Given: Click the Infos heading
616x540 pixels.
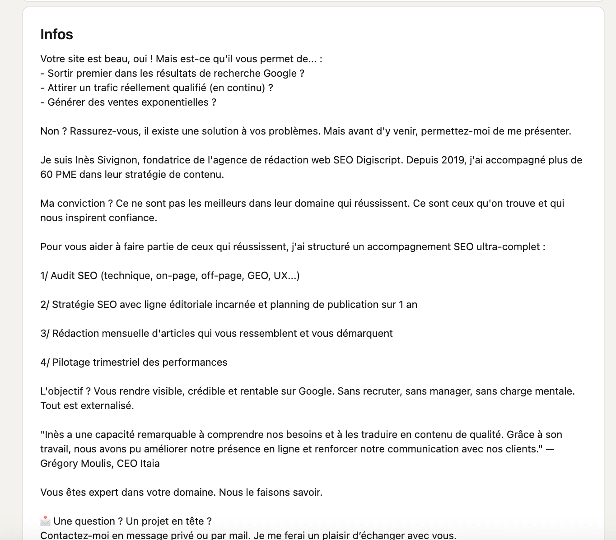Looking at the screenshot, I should click(56, 34).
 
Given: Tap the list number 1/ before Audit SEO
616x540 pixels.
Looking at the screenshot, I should click(44, 276).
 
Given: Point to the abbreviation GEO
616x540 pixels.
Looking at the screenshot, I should click(258, 276).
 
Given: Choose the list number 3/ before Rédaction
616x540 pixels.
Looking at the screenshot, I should click(45, 334).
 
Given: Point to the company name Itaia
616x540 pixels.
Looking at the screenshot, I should click(149, 464).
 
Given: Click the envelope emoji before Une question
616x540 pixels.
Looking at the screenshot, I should click(46, 521).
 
